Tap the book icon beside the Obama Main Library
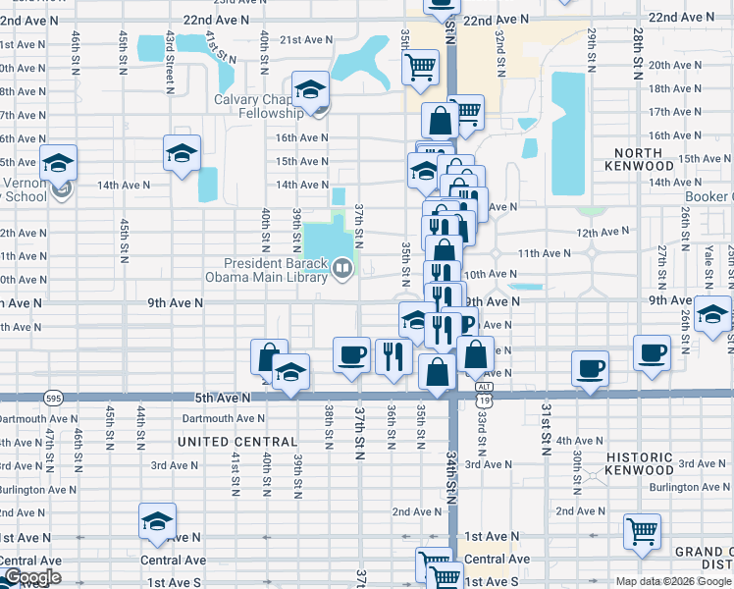[341, 266]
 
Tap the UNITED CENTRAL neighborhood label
[237, 443]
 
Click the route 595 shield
[54, 398]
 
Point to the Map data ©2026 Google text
[673, 581]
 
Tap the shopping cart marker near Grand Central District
[642, 531]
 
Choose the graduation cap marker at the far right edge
[712, 314]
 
